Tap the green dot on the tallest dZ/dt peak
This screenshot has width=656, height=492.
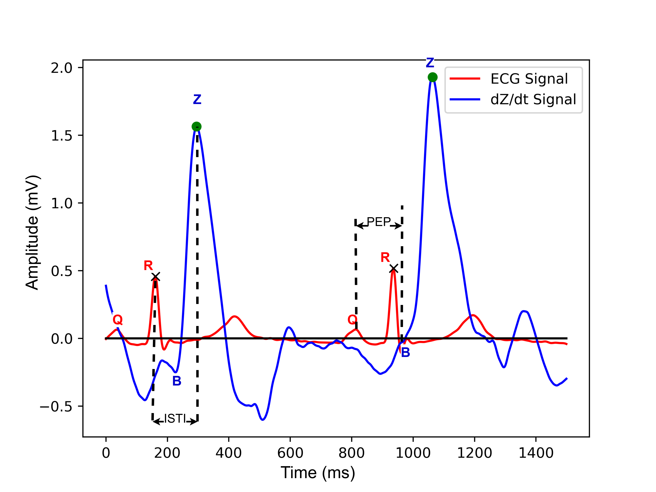click(432, 77)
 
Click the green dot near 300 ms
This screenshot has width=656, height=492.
click(196, 127)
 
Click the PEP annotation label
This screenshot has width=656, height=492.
click(379, 222)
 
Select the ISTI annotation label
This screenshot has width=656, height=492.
click(175, 419)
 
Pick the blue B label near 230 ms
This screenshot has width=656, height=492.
click(177, 381)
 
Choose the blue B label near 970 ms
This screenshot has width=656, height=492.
click(405, 352)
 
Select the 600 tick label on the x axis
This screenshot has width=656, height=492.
click(290, 453)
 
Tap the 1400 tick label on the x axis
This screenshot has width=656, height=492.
click(536, 453)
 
